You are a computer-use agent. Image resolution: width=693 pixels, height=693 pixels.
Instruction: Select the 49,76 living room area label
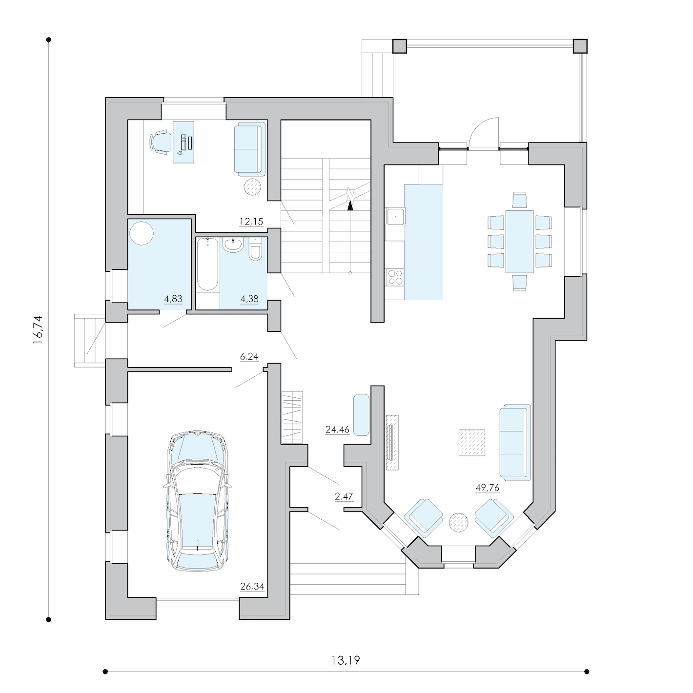coord(487,488)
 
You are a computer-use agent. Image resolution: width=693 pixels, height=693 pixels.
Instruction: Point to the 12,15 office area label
coord(251,222)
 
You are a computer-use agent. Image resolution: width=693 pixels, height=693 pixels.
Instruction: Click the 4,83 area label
coord(173,299)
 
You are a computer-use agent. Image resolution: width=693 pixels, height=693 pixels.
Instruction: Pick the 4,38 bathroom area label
coord(249,299)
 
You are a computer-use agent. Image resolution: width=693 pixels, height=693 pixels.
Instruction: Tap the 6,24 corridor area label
coord(249,356)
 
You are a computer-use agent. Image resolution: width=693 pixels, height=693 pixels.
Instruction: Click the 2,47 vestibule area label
coord(344,497)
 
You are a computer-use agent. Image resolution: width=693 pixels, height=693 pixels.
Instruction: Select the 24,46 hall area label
coord(337,429)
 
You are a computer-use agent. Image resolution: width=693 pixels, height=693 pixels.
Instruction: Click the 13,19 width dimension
coord(346,660)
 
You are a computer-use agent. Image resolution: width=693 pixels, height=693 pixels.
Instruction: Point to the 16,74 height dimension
coord(38,329)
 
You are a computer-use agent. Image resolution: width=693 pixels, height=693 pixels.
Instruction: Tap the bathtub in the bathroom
coord(207,264)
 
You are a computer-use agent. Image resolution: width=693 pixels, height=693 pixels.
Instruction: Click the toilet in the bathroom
coord(255,250)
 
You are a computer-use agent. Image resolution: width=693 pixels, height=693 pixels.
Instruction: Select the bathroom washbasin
coord(233,245)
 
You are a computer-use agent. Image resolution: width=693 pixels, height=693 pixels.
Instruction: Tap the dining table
coord(519,241)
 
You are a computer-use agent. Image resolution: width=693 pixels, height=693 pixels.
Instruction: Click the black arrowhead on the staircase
coord(350,205)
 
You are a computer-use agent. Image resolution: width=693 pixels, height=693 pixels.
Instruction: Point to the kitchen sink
coord(395,217)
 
